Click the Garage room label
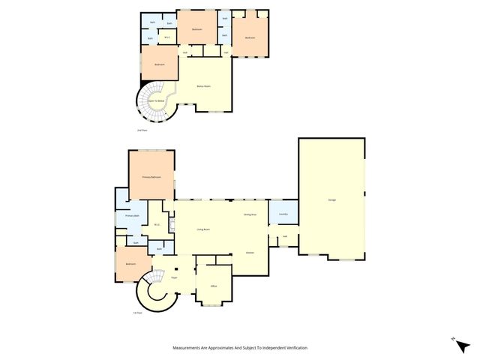(x=331, y=199)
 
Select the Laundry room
(x=283, y=214)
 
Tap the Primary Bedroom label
(x=151, y=177)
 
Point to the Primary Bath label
(x=131, y=216)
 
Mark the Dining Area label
(x=250, y=215)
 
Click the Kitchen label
(x=250, y=253)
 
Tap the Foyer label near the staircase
(x=174, y=277)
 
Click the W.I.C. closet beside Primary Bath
(x=157, y=224)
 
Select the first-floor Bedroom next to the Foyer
(x=130, y=264)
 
